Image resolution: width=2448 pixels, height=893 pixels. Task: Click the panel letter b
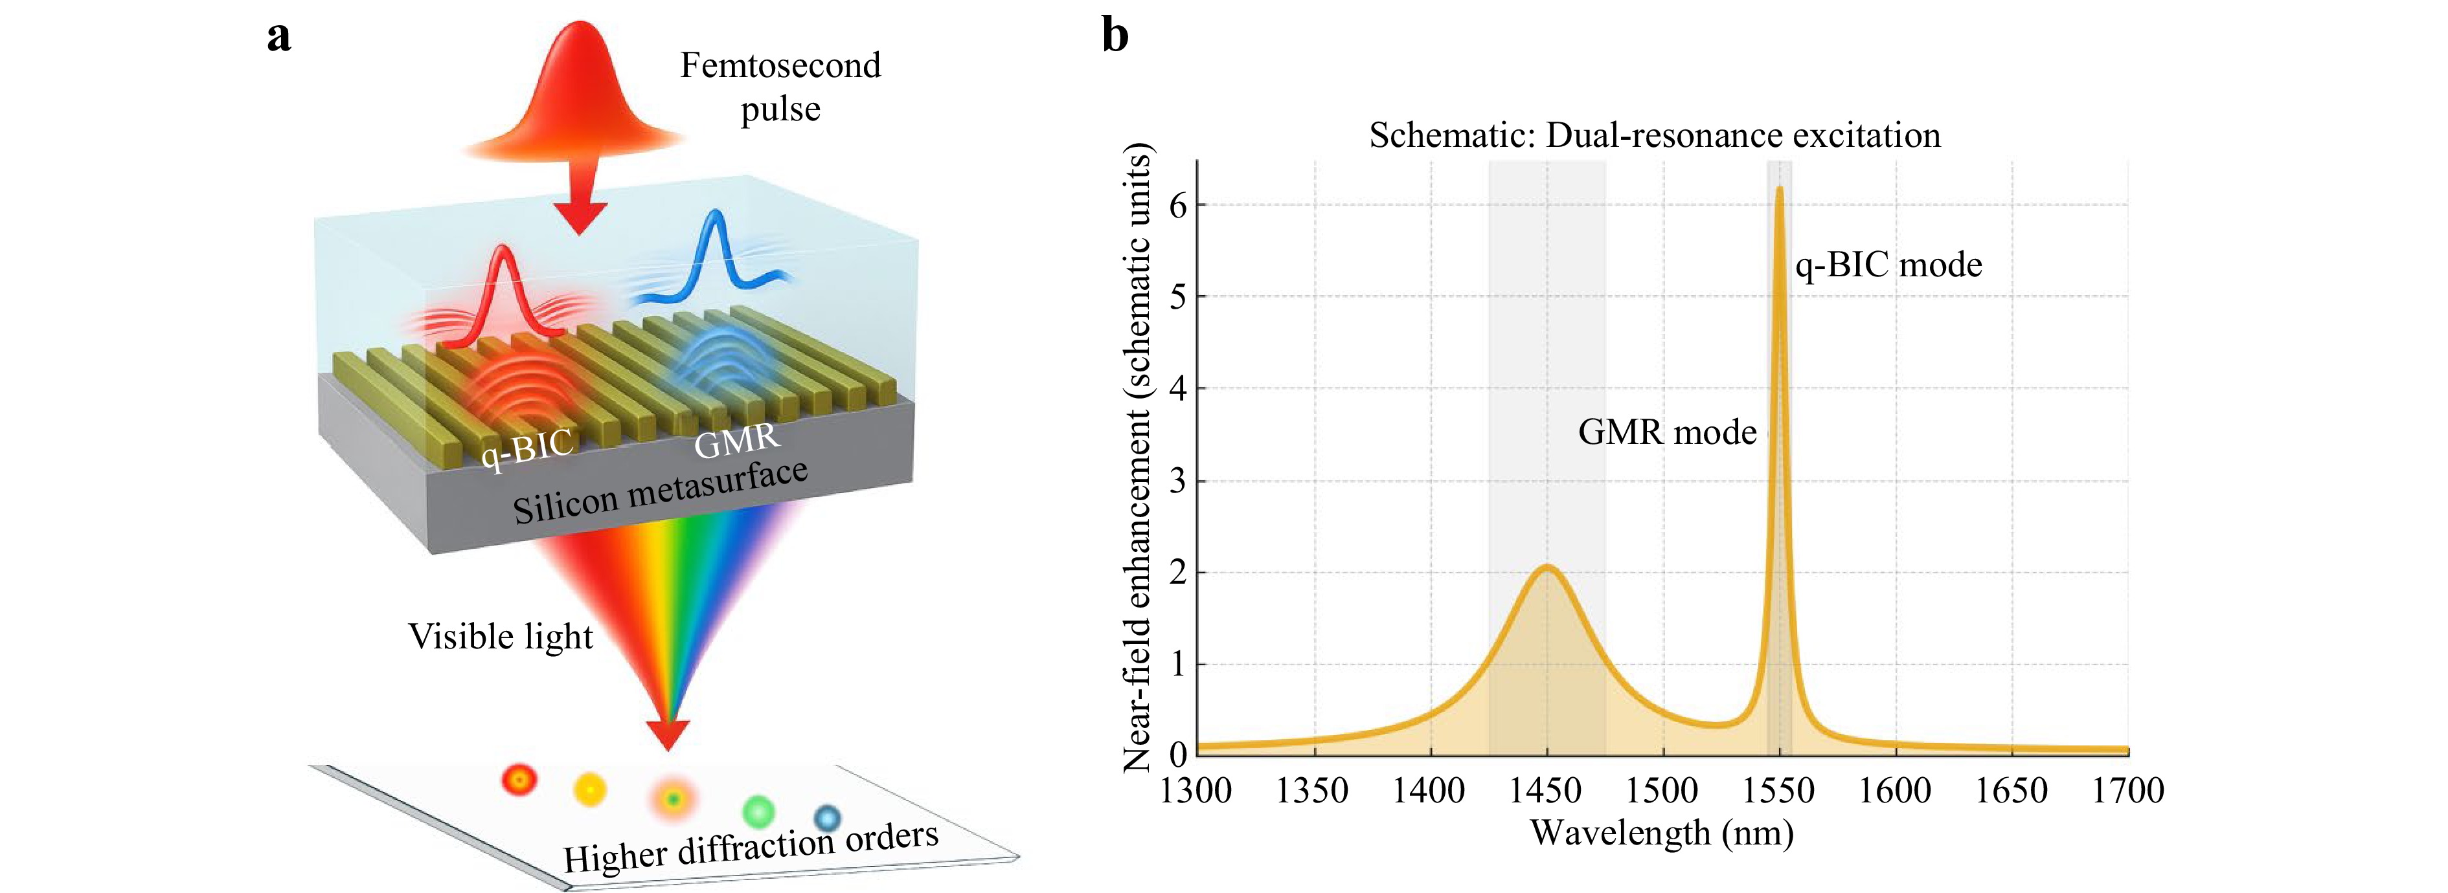(x=1115, y=36)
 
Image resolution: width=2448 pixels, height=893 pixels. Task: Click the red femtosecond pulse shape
(x=577, y=95)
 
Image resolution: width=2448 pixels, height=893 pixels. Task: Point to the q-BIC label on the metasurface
(x=527, y=447)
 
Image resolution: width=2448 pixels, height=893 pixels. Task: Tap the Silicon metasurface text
(x=661, y=491)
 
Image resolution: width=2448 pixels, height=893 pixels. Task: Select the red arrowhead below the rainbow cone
(x=668, y=734)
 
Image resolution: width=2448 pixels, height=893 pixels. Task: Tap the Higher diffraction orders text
(x=751, y=846)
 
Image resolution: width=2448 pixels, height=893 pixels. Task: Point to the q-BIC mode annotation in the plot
(x=1888, y=265)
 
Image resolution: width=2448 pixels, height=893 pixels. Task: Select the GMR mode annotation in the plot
(x=1667, y=432)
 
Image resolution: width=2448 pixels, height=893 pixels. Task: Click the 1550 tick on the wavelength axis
(x=1778, y=790)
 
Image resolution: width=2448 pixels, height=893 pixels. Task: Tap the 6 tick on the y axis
(x=1179, y=205)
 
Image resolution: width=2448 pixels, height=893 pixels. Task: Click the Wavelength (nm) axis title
(x=1662, y=833)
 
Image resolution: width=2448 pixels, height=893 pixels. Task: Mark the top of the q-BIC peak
(x=1779, y=188)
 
